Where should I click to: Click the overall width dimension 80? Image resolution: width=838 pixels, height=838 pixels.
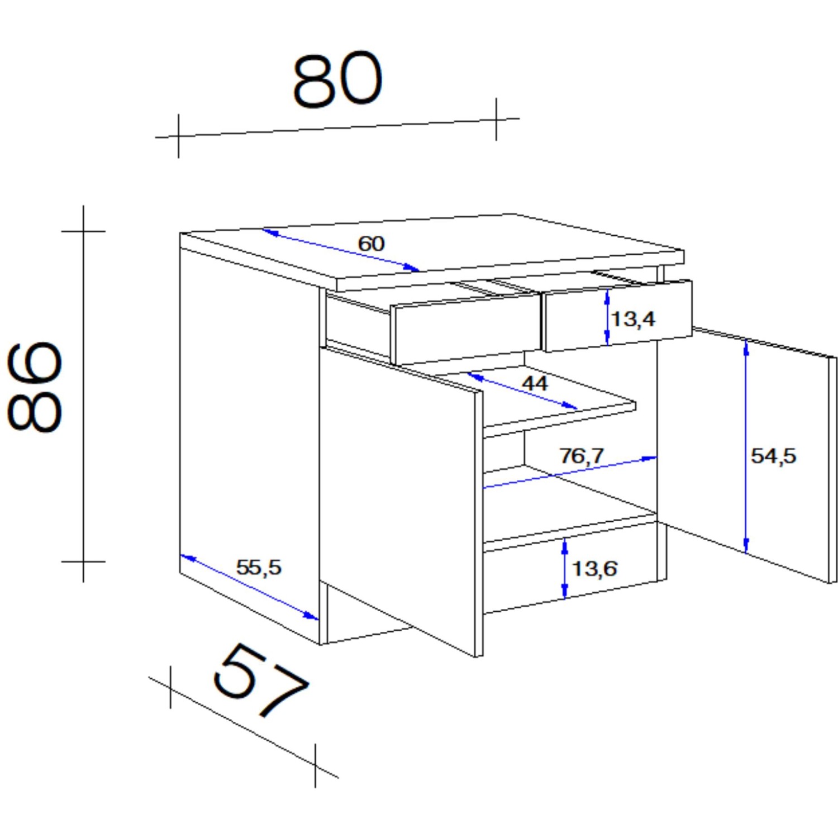338,79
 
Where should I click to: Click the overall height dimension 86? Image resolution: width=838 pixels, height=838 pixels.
35,387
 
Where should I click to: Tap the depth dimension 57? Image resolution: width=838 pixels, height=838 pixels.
261,680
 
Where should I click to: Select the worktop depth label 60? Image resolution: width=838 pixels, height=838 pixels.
372,244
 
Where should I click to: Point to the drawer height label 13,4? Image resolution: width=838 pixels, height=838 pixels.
633,319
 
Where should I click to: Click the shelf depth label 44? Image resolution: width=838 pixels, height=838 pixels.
535,383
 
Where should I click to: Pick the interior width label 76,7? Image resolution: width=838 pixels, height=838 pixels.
582,456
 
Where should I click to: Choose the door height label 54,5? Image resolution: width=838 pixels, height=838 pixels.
773,456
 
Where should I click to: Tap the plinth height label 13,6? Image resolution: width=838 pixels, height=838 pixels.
595,569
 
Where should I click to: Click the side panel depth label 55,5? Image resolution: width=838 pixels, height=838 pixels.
259,568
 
